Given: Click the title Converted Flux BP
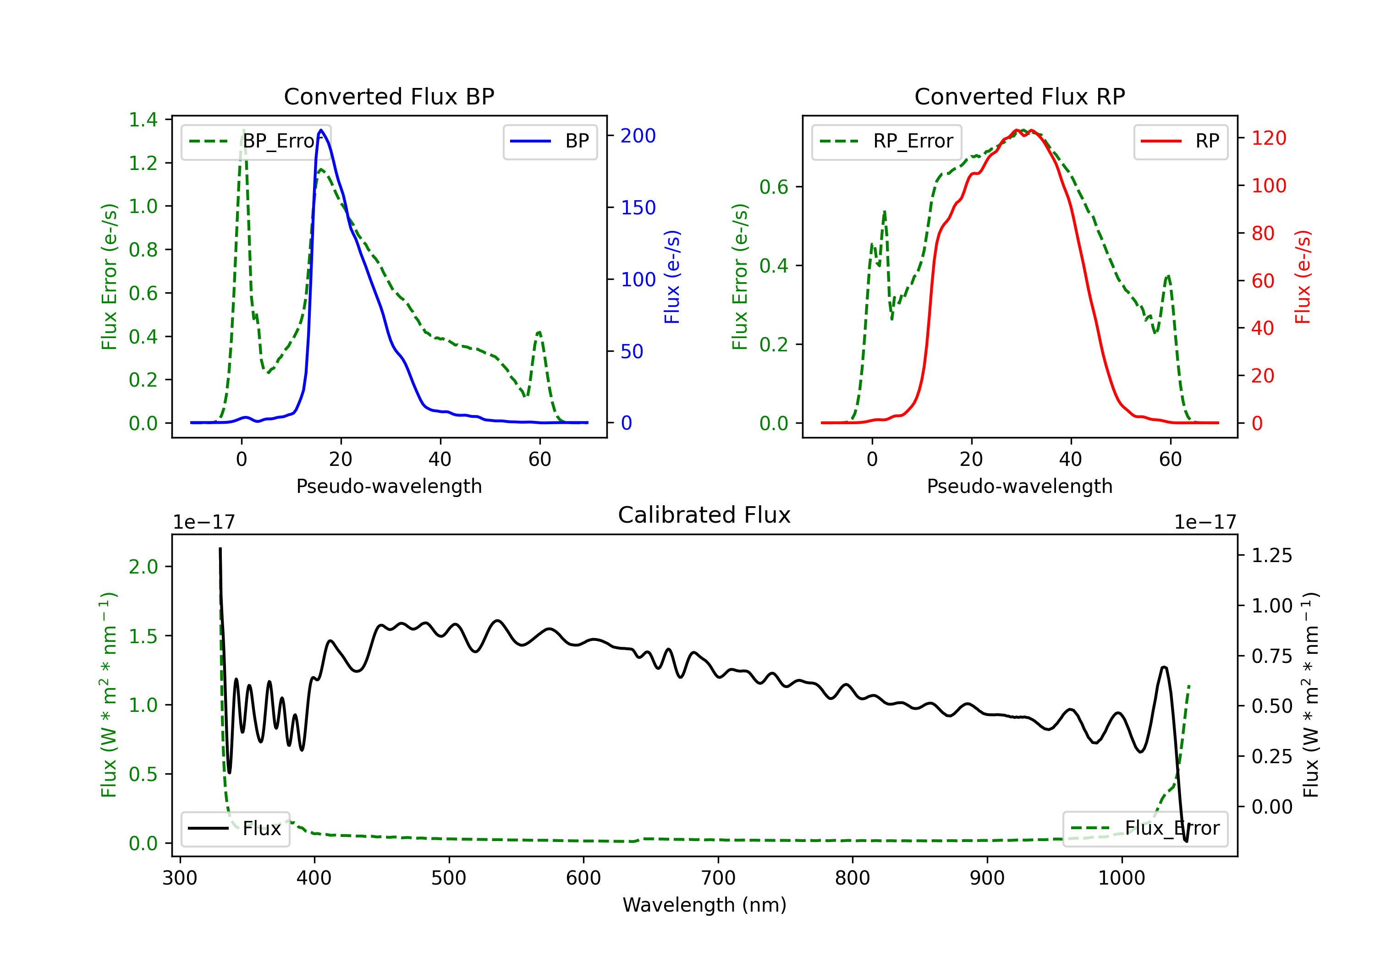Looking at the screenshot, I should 389,96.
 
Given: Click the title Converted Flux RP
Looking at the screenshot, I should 1019,96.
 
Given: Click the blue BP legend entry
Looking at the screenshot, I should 550,141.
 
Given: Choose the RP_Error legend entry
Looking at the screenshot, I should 886,141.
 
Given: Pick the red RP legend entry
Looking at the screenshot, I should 1180,141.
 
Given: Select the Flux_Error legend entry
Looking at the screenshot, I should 1144,829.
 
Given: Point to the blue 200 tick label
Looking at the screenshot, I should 638,136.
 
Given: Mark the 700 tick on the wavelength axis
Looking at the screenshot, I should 718,878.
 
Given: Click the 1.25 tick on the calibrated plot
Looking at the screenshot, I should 1272,556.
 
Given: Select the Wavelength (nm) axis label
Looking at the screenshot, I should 704,905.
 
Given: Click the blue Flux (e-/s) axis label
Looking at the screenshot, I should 672,277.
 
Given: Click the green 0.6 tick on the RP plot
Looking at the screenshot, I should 774,187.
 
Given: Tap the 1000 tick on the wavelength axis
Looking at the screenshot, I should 1121,878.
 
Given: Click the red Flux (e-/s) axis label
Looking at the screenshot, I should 1303,277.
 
